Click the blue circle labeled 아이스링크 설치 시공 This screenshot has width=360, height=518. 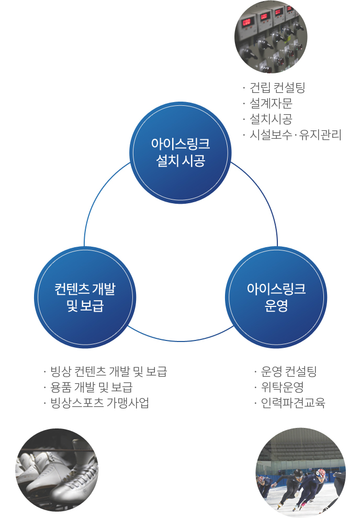click(180, 152)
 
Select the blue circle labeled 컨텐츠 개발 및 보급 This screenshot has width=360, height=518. click(85, 297)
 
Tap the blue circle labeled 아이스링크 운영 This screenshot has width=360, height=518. click(276, 297)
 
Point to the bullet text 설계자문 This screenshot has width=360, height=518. click(271, 103)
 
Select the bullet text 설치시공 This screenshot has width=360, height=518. click(271, 119)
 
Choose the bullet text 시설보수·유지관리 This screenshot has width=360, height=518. click(295, 135)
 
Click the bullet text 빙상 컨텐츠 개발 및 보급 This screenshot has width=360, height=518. click(108, 372)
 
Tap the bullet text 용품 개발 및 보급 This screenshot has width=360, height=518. click(91, 388)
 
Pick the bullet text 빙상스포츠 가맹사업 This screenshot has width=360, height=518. click(99, 403)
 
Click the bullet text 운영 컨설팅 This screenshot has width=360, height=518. click(289, 372)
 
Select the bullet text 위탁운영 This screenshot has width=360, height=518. click(283, 388)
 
